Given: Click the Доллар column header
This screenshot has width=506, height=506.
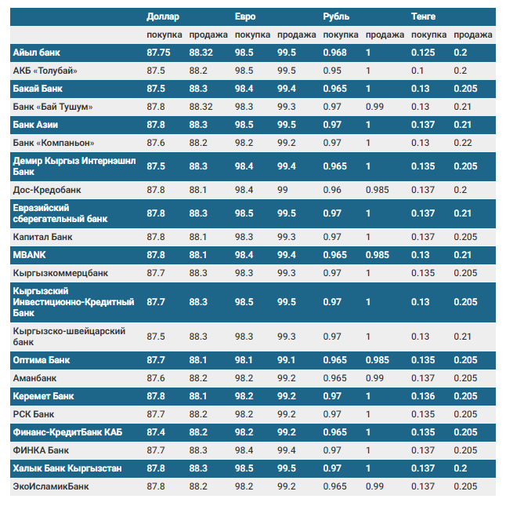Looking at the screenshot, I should tap(163, 16).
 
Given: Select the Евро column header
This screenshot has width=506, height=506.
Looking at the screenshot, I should tap(245, 16).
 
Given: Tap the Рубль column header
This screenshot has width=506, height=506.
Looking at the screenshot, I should tap(337, 16).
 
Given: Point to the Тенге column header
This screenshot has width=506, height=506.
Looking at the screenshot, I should tap(425, 16).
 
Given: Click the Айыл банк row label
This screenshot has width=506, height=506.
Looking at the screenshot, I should tap(37, 53).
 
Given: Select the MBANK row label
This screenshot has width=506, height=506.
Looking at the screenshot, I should tap(31, 255).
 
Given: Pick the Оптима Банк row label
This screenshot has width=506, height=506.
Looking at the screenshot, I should tap(42, 360).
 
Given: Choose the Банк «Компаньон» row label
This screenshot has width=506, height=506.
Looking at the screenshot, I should tap(54, 143).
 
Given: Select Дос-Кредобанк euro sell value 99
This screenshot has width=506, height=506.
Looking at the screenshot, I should tap(283, 190).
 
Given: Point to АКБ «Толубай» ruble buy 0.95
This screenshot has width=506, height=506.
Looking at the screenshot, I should tap(333, 71).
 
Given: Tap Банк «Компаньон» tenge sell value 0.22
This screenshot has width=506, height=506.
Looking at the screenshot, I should tap(462, 143).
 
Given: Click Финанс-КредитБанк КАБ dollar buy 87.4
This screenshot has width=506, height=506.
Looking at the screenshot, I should tap(156, 432).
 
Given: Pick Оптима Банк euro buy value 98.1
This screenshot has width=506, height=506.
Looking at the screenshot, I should tap(244, 360).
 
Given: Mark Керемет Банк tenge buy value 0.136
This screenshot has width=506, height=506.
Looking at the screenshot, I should tap(423, 396).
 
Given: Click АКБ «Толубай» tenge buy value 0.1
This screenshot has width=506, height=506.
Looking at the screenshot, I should tap(418, 71).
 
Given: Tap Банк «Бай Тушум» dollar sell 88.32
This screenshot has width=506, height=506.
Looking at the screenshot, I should tap(201, 107).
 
